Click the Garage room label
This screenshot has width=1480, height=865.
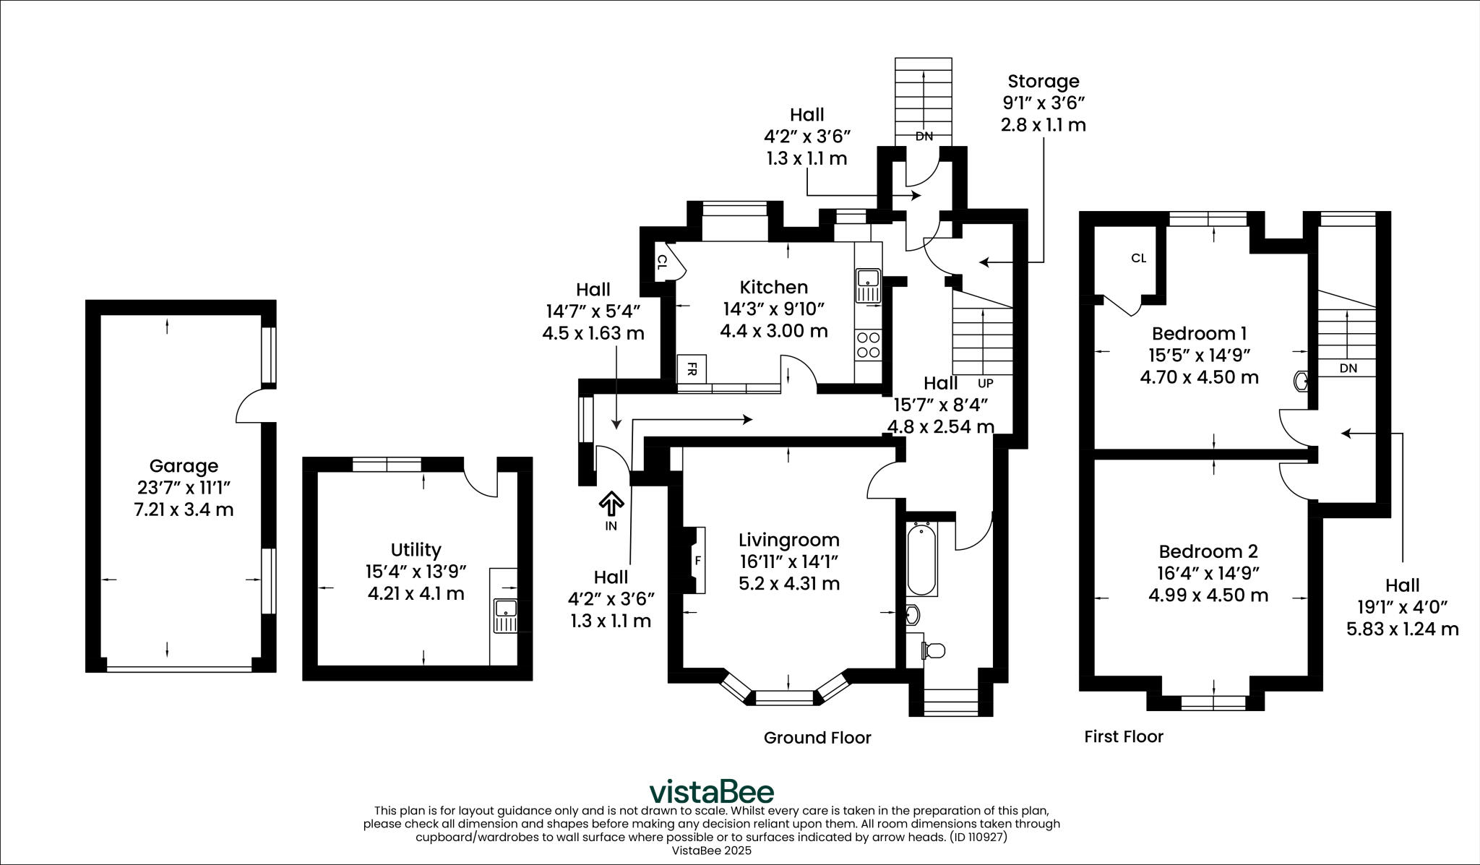click(184, 466)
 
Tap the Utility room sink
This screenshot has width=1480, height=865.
click(505, 615)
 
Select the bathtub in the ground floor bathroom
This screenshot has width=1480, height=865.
click(921, 559)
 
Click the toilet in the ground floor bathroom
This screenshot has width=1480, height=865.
click(933, 650)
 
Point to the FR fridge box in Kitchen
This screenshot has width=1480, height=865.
click(692, 369)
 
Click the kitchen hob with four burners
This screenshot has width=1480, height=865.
click(867, 345)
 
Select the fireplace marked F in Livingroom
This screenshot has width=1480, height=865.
click(695, 561)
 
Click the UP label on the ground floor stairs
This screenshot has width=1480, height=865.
click(985, 383)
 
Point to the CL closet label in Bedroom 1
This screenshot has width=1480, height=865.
click(1138, 258)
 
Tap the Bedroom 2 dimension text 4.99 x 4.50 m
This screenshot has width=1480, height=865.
click(1208, 595)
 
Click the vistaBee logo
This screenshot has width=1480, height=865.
click(711, 791)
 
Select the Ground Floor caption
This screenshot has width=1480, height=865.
click(817, 738)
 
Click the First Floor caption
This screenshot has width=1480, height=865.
click(1124, 736)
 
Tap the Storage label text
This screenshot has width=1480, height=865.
click(1043, 81)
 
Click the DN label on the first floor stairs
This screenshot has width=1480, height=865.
click(1348, 368)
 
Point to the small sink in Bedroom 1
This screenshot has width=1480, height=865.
click(1300, 381)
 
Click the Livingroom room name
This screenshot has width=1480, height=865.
click(788, 540)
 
